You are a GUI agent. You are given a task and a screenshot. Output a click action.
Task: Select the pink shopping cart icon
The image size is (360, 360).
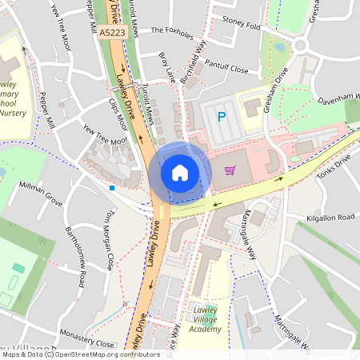click(x=230, y=170)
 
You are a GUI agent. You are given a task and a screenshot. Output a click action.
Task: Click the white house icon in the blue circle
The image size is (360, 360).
click(x=180, y=172)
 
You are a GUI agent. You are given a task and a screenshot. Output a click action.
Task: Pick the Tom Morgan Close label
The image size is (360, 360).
click(x=106, y=240)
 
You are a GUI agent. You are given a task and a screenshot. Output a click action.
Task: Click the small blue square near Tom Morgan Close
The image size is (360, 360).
click(x=112, y=188)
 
